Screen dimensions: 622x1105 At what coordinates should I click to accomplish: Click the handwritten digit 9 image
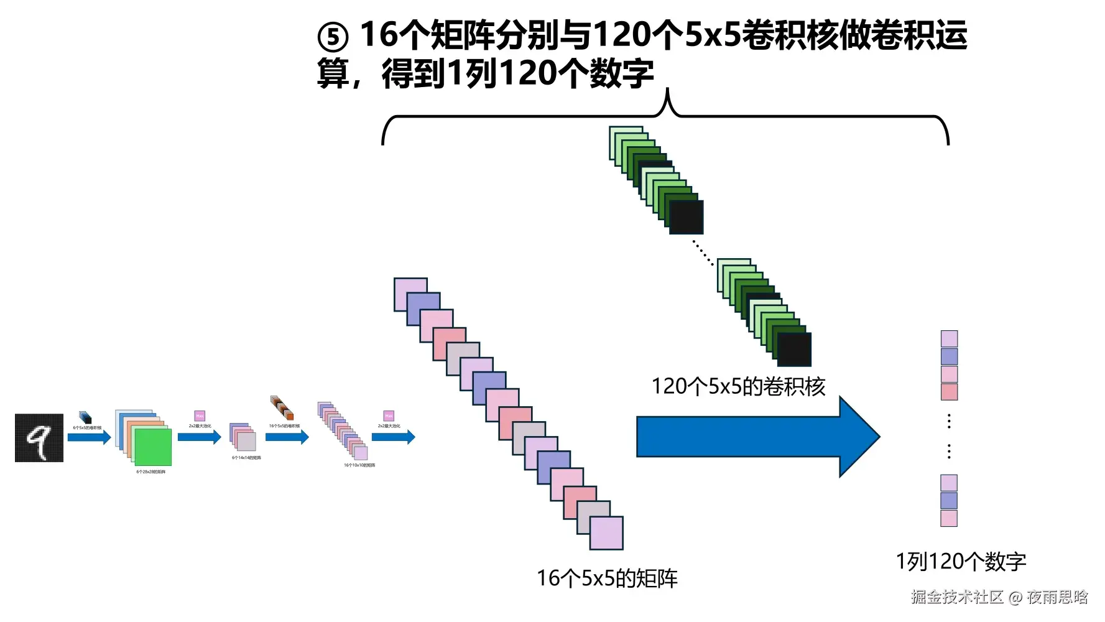(39, 437)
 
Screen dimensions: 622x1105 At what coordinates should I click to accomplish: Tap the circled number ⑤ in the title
(333, 37)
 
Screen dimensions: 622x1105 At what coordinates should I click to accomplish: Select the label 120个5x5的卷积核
(738, 386)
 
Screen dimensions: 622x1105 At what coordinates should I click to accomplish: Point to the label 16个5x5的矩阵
(607, 578)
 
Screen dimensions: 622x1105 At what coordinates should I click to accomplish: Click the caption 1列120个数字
(961, 562)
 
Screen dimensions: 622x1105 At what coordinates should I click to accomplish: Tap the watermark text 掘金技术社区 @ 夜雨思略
(999, 597)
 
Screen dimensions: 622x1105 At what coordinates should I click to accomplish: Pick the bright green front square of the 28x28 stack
(153, 447)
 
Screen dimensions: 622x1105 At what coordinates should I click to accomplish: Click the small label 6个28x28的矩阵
(151, 472)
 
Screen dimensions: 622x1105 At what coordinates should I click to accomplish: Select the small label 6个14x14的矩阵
(246, 458)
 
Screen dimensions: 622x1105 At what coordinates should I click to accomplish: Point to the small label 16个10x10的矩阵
(359, 465)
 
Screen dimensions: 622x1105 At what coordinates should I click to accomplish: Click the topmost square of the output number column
(949, 338)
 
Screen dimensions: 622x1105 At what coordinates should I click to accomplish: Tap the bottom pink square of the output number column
(949, 518)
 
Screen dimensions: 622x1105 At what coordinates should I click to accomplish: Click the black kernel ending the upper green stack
(687, 217)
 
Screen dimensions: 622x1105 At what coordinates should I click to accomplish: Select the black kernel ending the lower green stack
(795, 350)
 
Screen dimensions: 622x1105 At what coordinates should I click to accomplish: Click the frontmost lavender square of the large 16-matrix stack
(606, 533)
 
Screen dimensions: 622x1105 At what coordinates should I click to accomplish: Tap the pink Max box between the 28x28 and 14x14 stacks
(200, 415)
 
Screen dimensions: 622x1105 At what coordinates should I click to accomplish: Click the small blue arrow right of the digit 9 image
(89, 437)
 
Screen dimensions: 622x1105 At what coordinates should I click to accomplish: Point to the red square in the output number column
(949, 391)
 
